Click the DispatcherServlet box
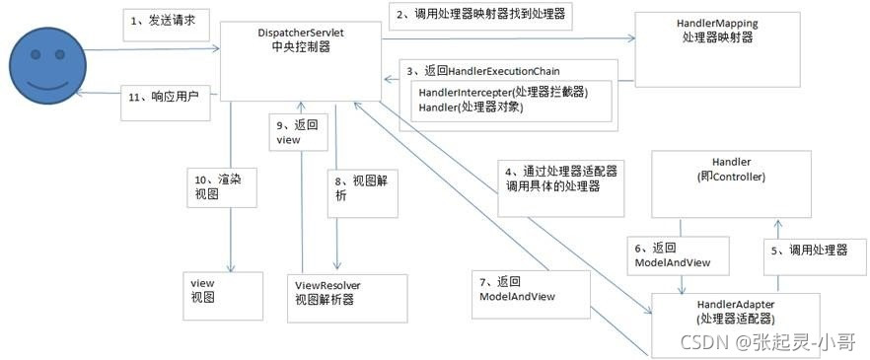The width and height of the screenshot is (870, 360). click(x=301, y=61)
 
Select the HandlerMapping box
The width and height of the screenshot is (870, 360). click(x=717, y=49)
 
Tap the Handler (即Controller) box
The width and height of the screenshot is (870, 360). click(x=731, y=184)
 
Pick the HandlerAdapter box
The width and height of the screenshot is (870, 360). click(x=735, y=325)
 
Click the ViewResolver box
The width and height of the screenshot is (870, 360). click(x=347, y=299)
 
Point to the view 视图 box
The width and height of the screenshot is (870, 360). click(x=223, y=296)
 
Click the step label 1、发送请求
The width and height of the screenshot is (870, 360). click(x=166, y=25)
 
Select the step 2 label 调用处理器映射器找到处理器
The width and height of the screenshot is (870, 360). click(x=480, y=15)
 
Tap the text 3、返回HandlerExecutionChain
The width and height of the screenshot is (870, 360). click(x=483, y=71)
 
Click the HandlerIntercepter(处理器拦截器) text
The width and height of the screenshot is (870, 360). click(x=503, y=92)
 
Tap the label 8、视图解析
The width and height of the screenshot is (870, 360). click(x=362, y=189)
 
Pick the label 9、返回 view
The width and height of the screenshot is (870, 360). click(x=297, y=132)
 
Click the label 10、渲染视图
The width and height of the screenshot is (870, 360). click(x=222, y=187)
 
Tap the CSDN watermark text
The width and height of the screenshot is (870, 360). click(x=767, y=342)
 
